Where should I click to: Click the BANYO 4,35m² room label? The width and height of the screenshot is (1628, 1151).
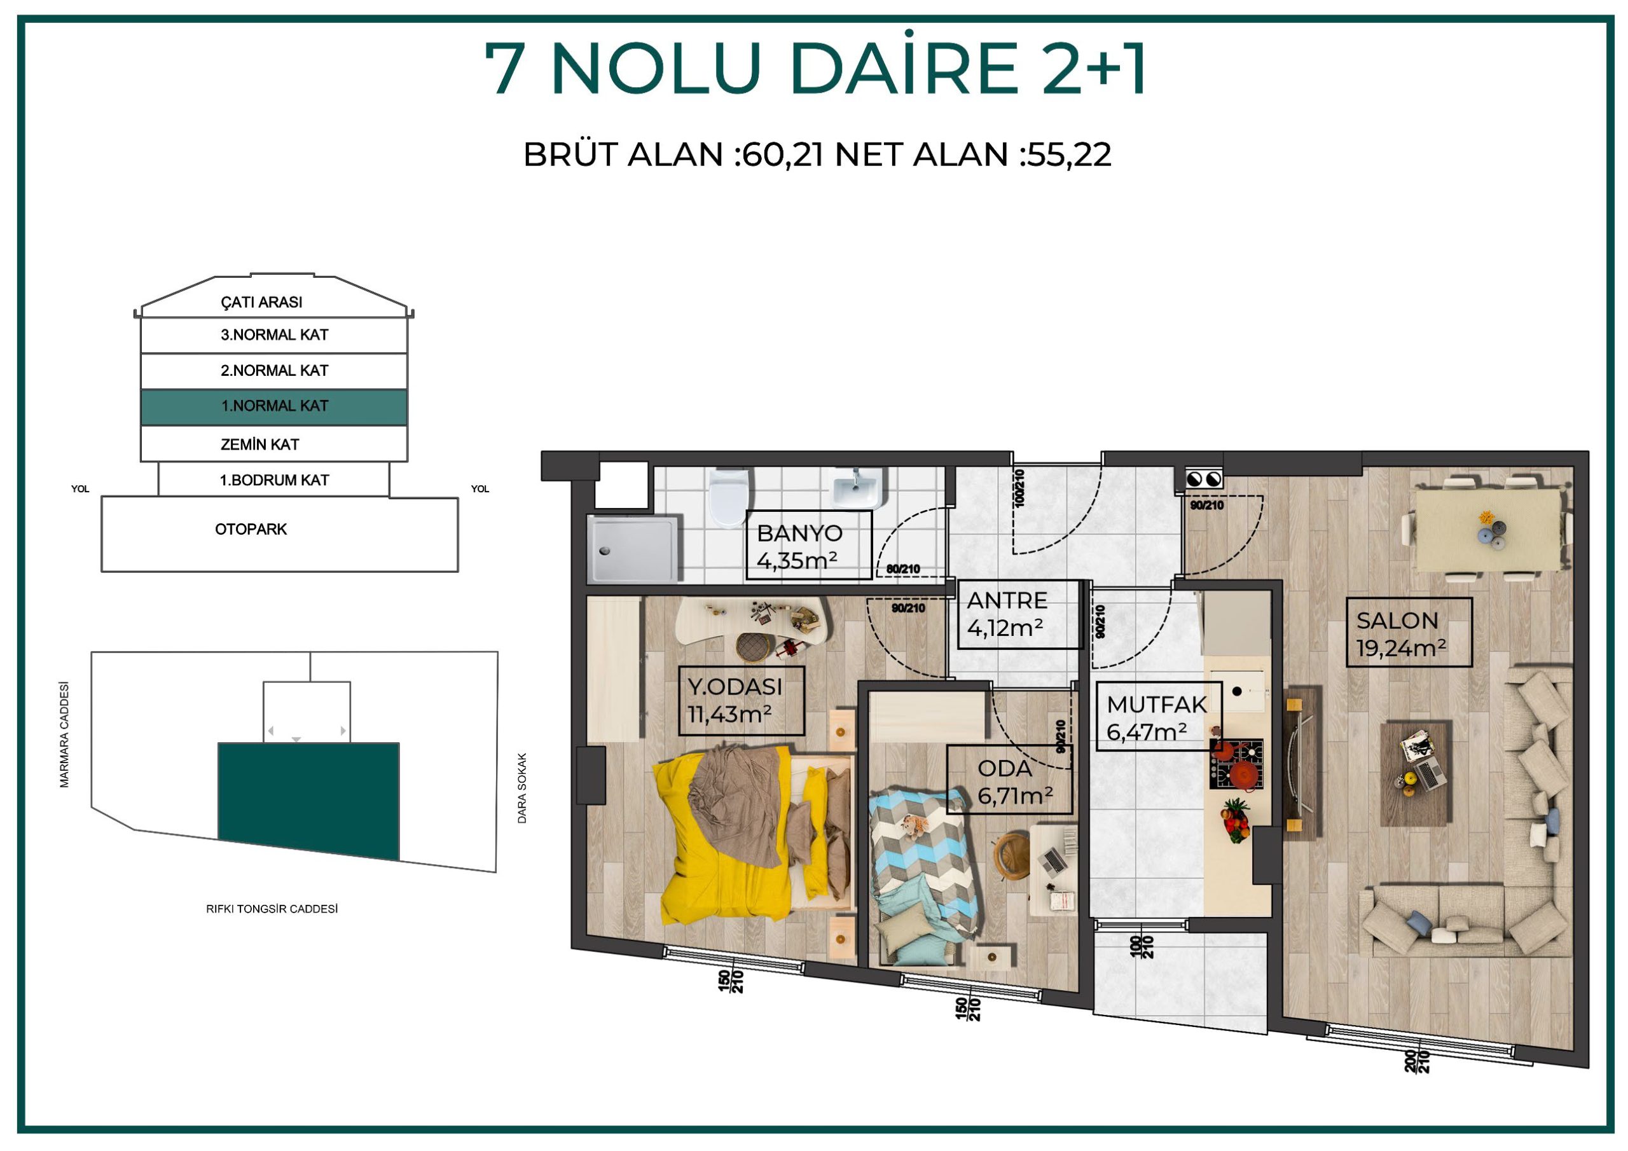pos(809,546)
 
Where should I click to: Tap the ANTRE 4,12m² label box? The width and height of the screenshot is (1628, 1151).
pos(1020,614)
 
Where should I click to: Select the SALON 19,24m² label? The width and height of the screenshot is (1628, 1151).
pos(1410,632)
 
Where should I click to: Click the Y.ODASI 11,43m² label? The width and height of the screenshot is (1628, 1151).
pos(741,701)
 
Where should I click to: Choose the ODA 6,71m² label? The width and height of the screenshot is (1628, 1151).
pos(1009,780)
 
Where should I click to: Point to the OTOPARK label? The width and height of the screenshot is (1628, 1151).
pos(251,529)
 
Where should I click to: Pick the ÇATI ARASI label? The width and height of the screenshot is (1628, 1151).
pos(261,302)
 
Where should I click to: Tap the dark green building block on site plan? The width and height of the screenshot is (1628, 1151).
pos(308,801)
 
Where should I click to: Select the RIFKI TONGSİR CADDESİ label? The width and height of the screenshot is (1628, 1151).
pos(272,909)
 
